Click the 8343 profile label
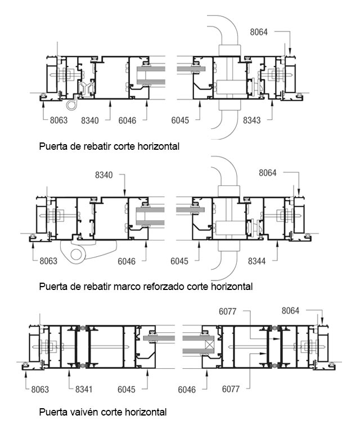pos(252,120)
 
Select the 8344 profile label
pos(256,261)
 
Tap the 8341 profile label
pos(84,389)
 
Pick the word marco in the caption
pos(127,287)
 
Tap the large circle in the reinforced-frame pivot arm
pos(76,255)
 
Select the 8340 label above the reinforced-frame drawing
pos(103,175)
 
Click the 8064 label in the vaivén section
pos(290,311)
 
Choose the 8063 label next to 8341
pos(40,390)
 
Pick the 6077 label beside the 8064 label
pos(228,311)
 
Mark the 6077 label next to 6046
pos(231,389)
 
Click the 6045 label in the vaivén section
pos(127,390)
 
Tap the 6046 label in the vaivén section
pos(187,390)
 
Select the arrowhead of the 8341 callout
pos(69,372)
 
